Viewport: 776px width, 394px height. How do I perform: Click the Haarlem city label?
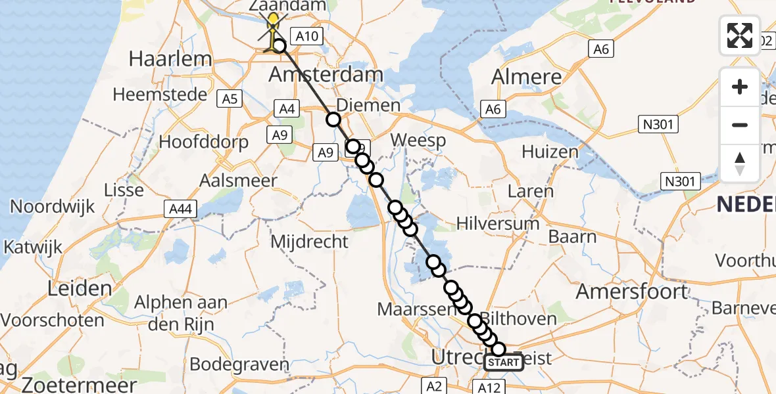pyautogui.click(x=170, y=59)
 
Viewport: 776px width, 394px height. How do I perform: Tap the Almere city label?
pyautogui.click(x=527, y=77)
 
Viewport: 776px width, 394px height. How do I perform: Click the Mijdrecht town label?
pyautogui.click(x=310, y=241)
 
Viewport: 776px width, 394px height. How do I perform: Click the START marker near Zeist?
pyautogui.click(x=504, y=362)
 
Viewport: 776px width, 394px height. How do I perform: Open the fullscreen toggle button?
pyautogui.click(x=740, y=35)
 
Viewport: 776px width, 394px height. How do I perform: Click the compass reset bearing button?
pyautogui.click(x=740, y=163)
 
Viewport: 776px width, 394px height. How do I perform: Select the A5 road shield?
pyautogui.click(x=230, y=99)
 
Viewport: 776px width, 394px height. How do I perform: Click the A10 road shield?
pyautogui.click(x=306, y=37)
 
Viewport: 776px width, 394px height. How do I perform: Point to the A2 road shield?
pyautogui.click(x=435, y=385)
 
